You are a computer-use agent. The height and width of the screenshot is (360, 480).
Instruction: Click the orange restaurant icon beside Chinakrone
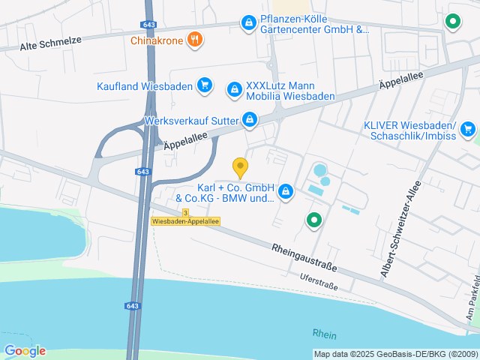point(195,40)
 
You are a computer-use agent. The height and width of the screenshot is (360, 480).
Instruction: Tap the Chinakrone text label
point(157,40)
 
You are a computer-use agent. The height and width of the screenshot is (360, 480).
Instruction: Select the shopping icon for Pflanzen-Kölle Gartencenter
point(248,24)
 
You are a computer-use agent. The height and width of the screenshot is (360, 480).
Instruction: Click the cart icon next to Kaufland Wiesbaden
point(204,85)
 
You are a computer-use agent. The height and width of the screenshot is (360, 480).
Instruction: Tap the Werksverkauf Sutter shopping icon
point(250,119)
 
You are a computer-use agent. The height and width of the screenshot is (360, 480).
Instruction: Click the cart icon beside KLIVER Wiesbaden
point(468,129)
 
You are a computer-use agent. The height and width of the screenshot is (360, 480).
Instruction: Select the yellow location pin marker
point(240,168)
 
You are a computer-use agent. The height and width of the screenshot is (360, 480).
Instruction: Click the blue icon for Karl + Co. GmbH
point(286,193)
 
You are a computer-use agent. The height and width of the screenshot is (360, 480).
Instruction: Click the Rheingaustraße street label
point(304,256)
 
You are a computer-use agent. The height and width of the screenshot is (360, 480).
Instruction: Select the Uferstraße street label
point(319,281)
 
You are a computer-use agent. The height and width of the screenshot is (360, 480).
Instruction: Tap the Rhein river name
point(325,334)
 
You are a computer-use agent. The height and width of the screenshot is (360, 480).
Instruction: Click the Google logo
point(25,350)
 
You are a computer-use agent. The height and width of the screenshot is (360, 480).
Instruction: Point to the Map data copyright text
point(394,354)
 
